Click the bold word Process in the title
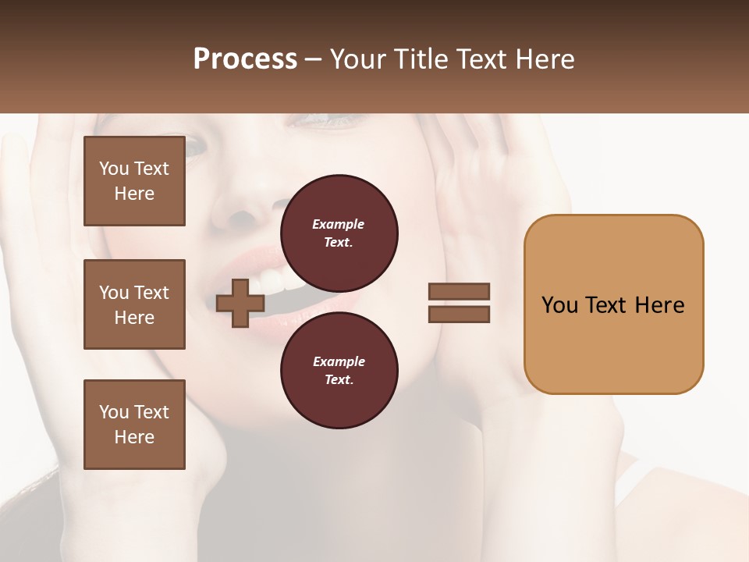[245, 59]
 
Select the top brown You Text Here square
[134, 181]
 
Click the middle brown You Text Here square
[134, 304]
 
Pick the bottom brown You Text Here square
[134, 425]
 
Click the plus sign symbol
[240, 304]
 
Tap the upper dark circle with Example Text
[339, 233]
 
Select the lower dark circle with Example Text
[339, 370]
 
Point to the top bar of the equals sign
[460, 291]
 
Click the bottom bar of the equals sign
[460, 315]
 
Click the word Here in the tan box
[659, 305]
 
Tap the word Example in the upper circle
[338, 224]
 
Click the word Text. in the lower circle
[339, 380]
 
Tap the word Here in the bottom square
[134, 437]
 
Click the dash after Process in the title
[314, 59]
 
